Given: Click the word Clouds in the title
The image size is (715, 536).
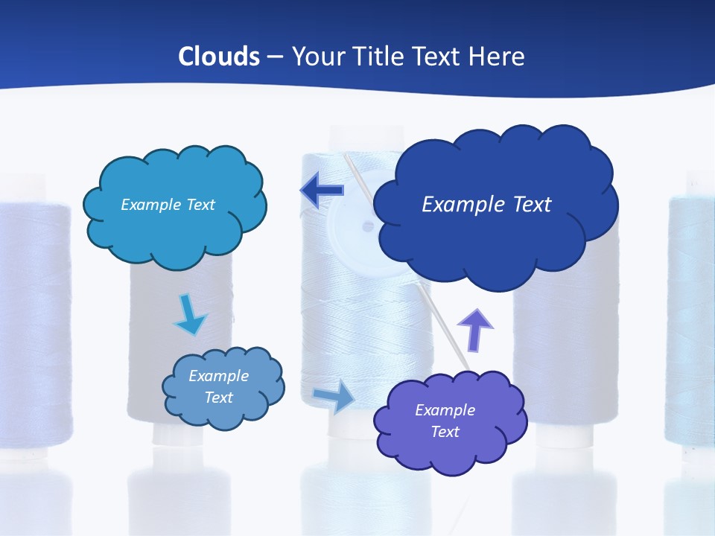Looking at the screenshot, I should point(219,57).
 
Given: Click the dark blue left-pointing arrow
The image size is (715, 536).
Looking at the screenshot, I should point(322,191).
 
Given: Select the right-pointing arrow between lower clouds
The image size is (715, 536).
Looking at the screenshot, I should point(334,396).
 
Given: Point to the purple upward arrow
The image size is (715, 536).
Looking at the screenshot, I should point(474,329).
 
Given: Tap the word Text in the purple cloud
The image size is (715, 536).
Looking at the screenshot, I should point(445,432).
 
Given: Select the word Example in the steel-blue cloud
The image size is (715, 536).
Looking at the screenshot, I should point(219,376).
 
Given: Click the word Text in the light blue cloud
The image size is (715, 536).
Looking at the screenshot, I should point(200,205).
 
